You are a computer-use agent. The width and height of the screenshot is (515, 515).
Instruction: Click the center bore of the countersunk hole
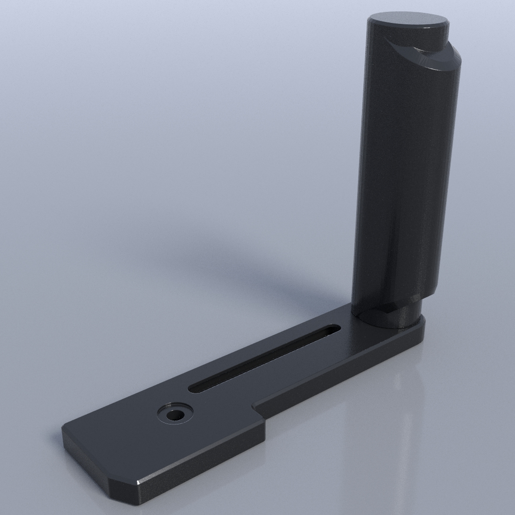point(175,414)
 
